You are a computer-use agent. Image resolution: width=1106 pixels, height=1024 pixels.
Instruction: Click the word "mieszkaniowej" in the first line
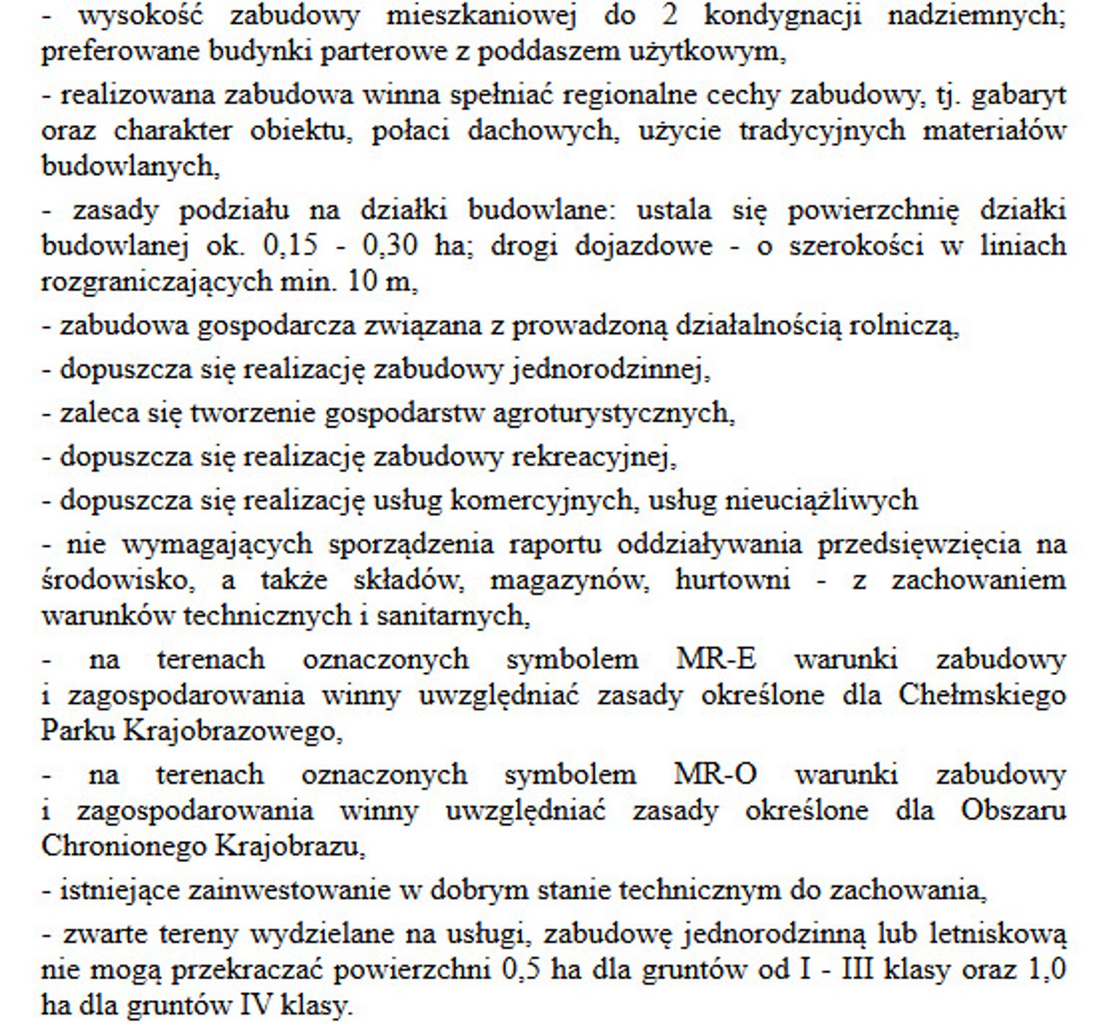pyautogui.click(x=481, y=16)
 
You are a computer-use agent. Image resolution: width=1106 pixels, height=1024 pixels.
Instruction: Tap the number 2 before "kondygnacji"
pyautogui.click(x=669, y=16)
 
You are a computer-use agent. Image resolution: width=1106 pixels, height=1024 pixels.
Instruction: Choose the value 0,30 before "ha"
pyautogui.click(x=390, y=246)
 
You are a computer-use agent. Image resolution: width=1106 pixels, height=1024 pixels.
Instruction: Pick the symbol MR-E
pyautogui.click(x=716, y=660)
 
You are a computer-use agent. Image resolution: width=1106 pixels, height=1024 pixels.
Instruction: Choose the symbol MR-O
pyautogui.click(x=715, y=775)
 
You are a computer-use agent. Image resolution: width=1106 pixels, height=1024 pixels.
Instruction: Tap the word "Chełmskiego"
pyautogui.click(x=982, y=696)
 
